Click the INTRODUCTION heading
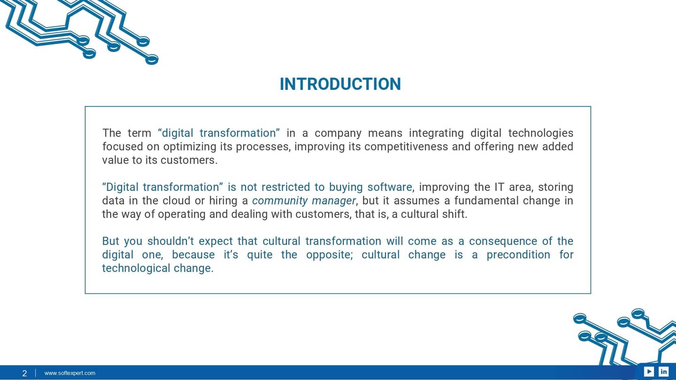[340, 84]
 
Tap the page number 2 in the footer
[25, 373]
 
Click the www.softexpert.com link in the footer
[70, 373]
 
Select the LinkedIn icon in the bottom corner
[663, 372]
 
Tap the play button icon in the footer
[649, 372]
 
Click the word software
[389, 187]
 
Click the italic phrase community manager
[304, 201]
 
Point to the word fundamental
[474, 201]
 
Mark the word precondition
[518, 255]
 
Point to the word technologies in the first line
[541, 133]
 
